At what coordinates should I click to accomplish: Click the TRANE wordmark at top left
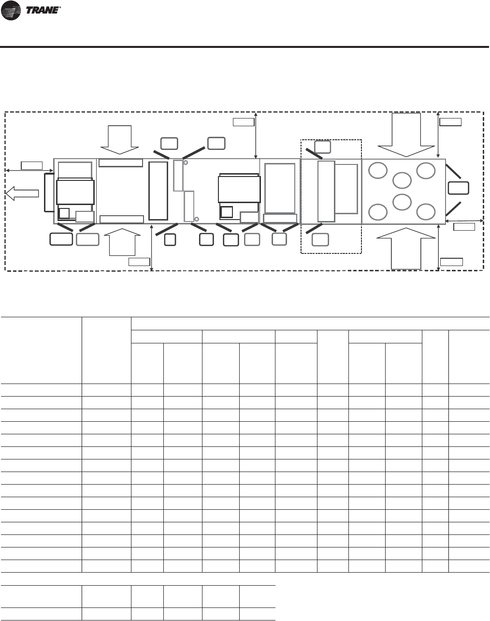click(x=43, y=10)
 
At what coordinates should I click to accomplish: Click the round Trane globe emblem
click(x=11, y=10)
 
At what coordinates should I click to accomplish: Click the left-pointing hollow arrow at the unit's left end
click(x=22, y=193)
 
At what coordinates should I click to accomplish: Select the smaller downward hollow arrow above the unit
click(x=120, y=140)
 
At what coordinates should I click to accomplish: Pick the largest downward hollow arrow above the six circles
click(x=406, y=135)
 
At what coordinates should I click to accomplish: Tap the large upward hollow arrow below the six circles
click(x=406, y=249)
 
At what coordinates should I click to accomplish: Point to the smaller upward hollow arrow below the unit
click(x=122, y=242)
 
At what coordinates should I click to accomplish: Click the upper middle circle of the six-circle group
click(x=402, y=180)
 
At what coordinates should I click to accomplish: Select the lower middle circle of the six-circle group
click(x=402, y=202)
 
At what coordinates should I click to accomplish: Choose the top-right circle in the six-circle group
click(x=426, y=171)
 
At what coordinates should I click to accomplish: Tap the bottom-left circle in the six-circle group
click(x=378, y=212)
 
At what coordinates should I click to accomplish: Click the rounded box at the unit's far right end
click(x=458, y=188)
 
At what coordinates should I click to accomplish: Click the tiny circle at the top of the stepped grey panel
click(x=186, y=163)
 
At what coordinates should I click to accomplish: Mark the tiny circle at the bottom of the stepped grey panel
click(x=196, y=219)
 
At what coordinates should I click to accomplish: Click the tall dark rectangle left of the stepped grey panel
click(x=159, y=191)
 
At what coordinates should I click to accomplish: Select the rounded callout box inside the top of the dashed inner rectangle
click(x=322, y=147)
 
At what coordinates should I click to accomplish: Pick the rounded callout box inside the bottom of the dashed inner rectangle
click(x=320, y=239)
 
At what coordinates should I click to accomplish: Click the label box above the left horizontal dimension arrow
click(x=32, y=165)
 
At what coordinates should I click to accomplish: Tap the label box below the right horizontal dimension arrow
click(x=464, y=227)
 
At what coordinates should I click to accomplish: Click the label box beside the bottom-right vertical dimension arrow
click(x=451, y=262)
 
